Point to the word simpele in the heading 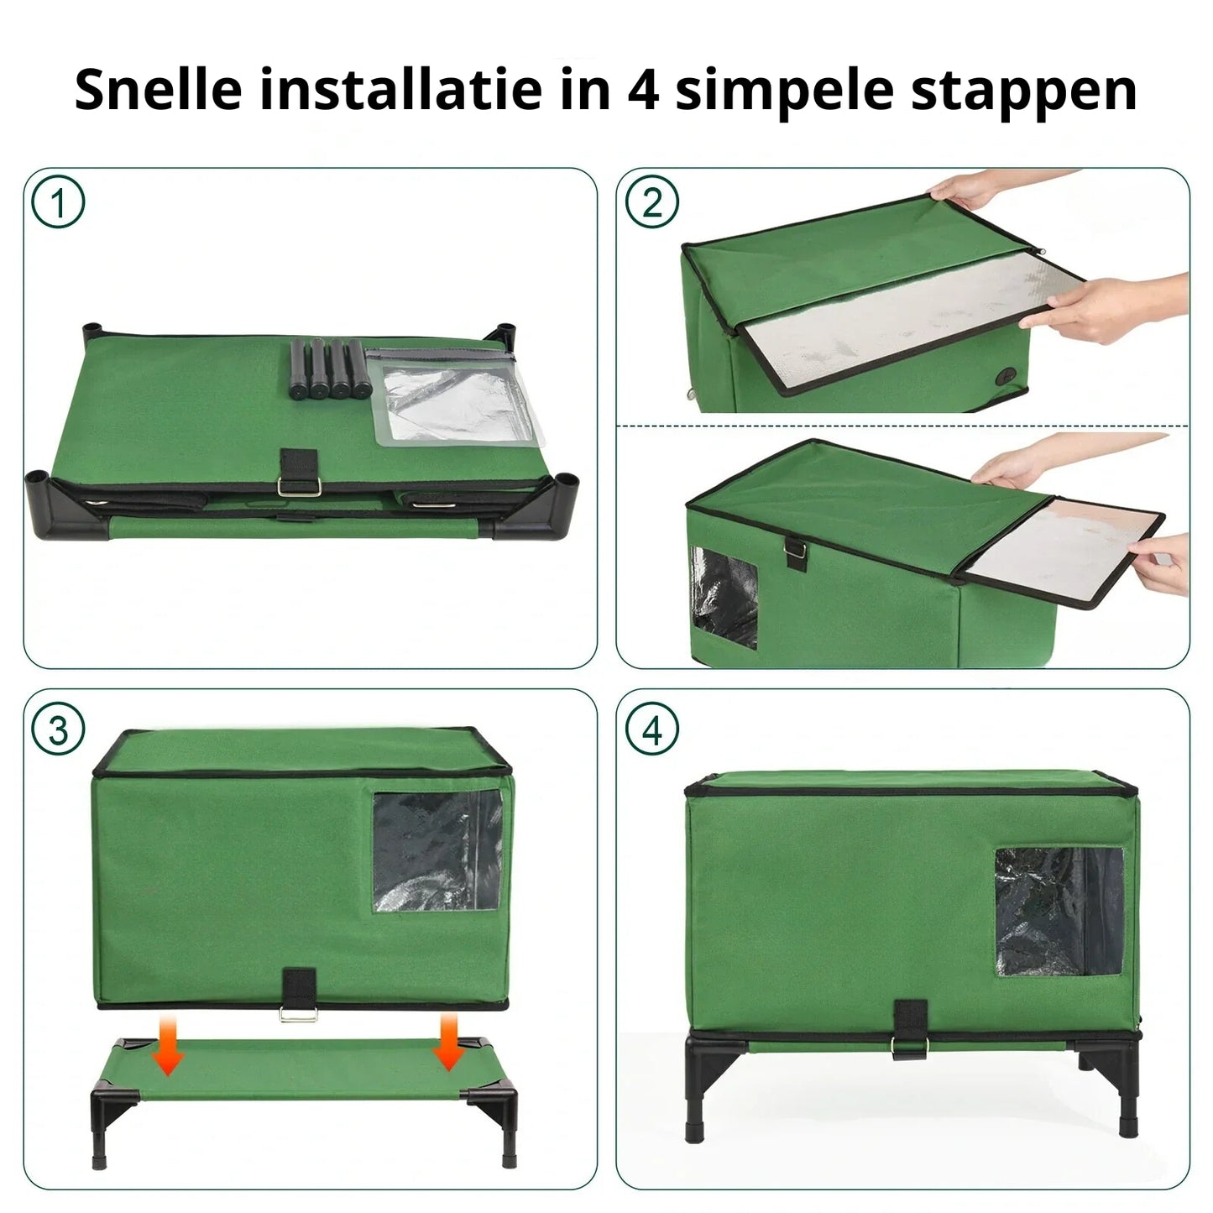tap(784, 91)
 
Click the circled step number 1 tap(58, 202)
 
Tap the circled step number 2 tap(652, 202)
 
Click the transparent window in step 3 tap(437, 851)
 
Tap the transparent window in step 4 tap(1059, 911)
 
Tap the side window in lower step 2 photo tap(723, 597)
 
